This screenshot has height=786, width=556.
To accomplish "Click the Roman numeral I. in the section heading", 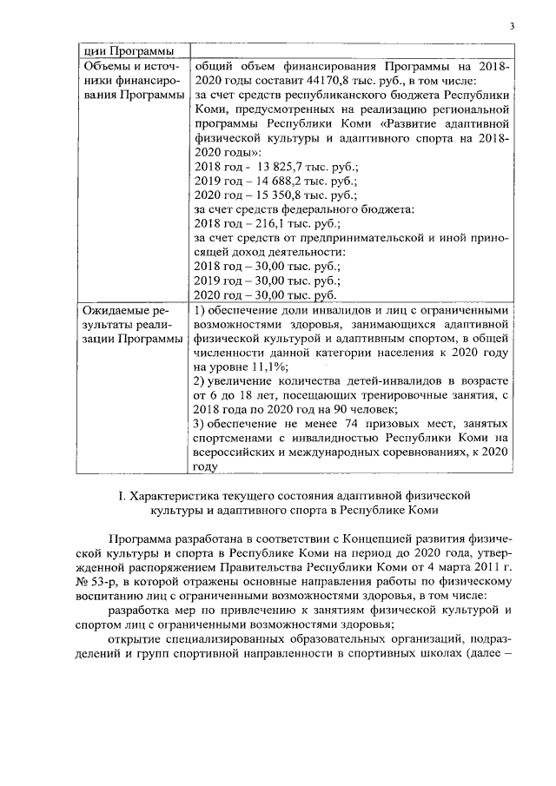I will coord(121,495).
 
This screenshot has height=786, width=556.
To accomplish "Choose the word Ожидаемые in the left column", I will coord(111,310).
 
